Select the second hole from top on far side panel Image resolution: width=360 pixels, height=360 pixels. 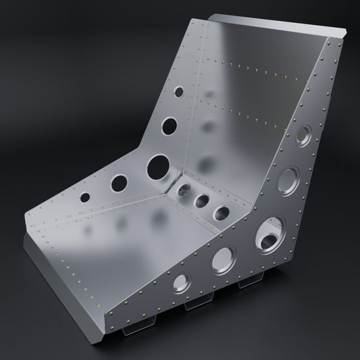pyautogui.click(x=170, y=125)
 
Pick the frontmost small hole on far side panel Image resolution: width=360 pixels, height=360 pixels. pyautogui.click(x=86, y=197)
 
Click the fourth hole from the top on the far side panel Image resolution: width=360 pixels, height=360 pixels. pyautogui.click(x=120, y=182)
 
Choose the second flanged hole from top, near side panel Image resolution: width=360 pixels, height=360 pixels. pyautogui.click(x=288, y=180)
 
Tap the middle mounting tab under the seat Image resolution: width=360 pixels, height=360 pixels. pyautogui.click(x=196, y=303)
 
